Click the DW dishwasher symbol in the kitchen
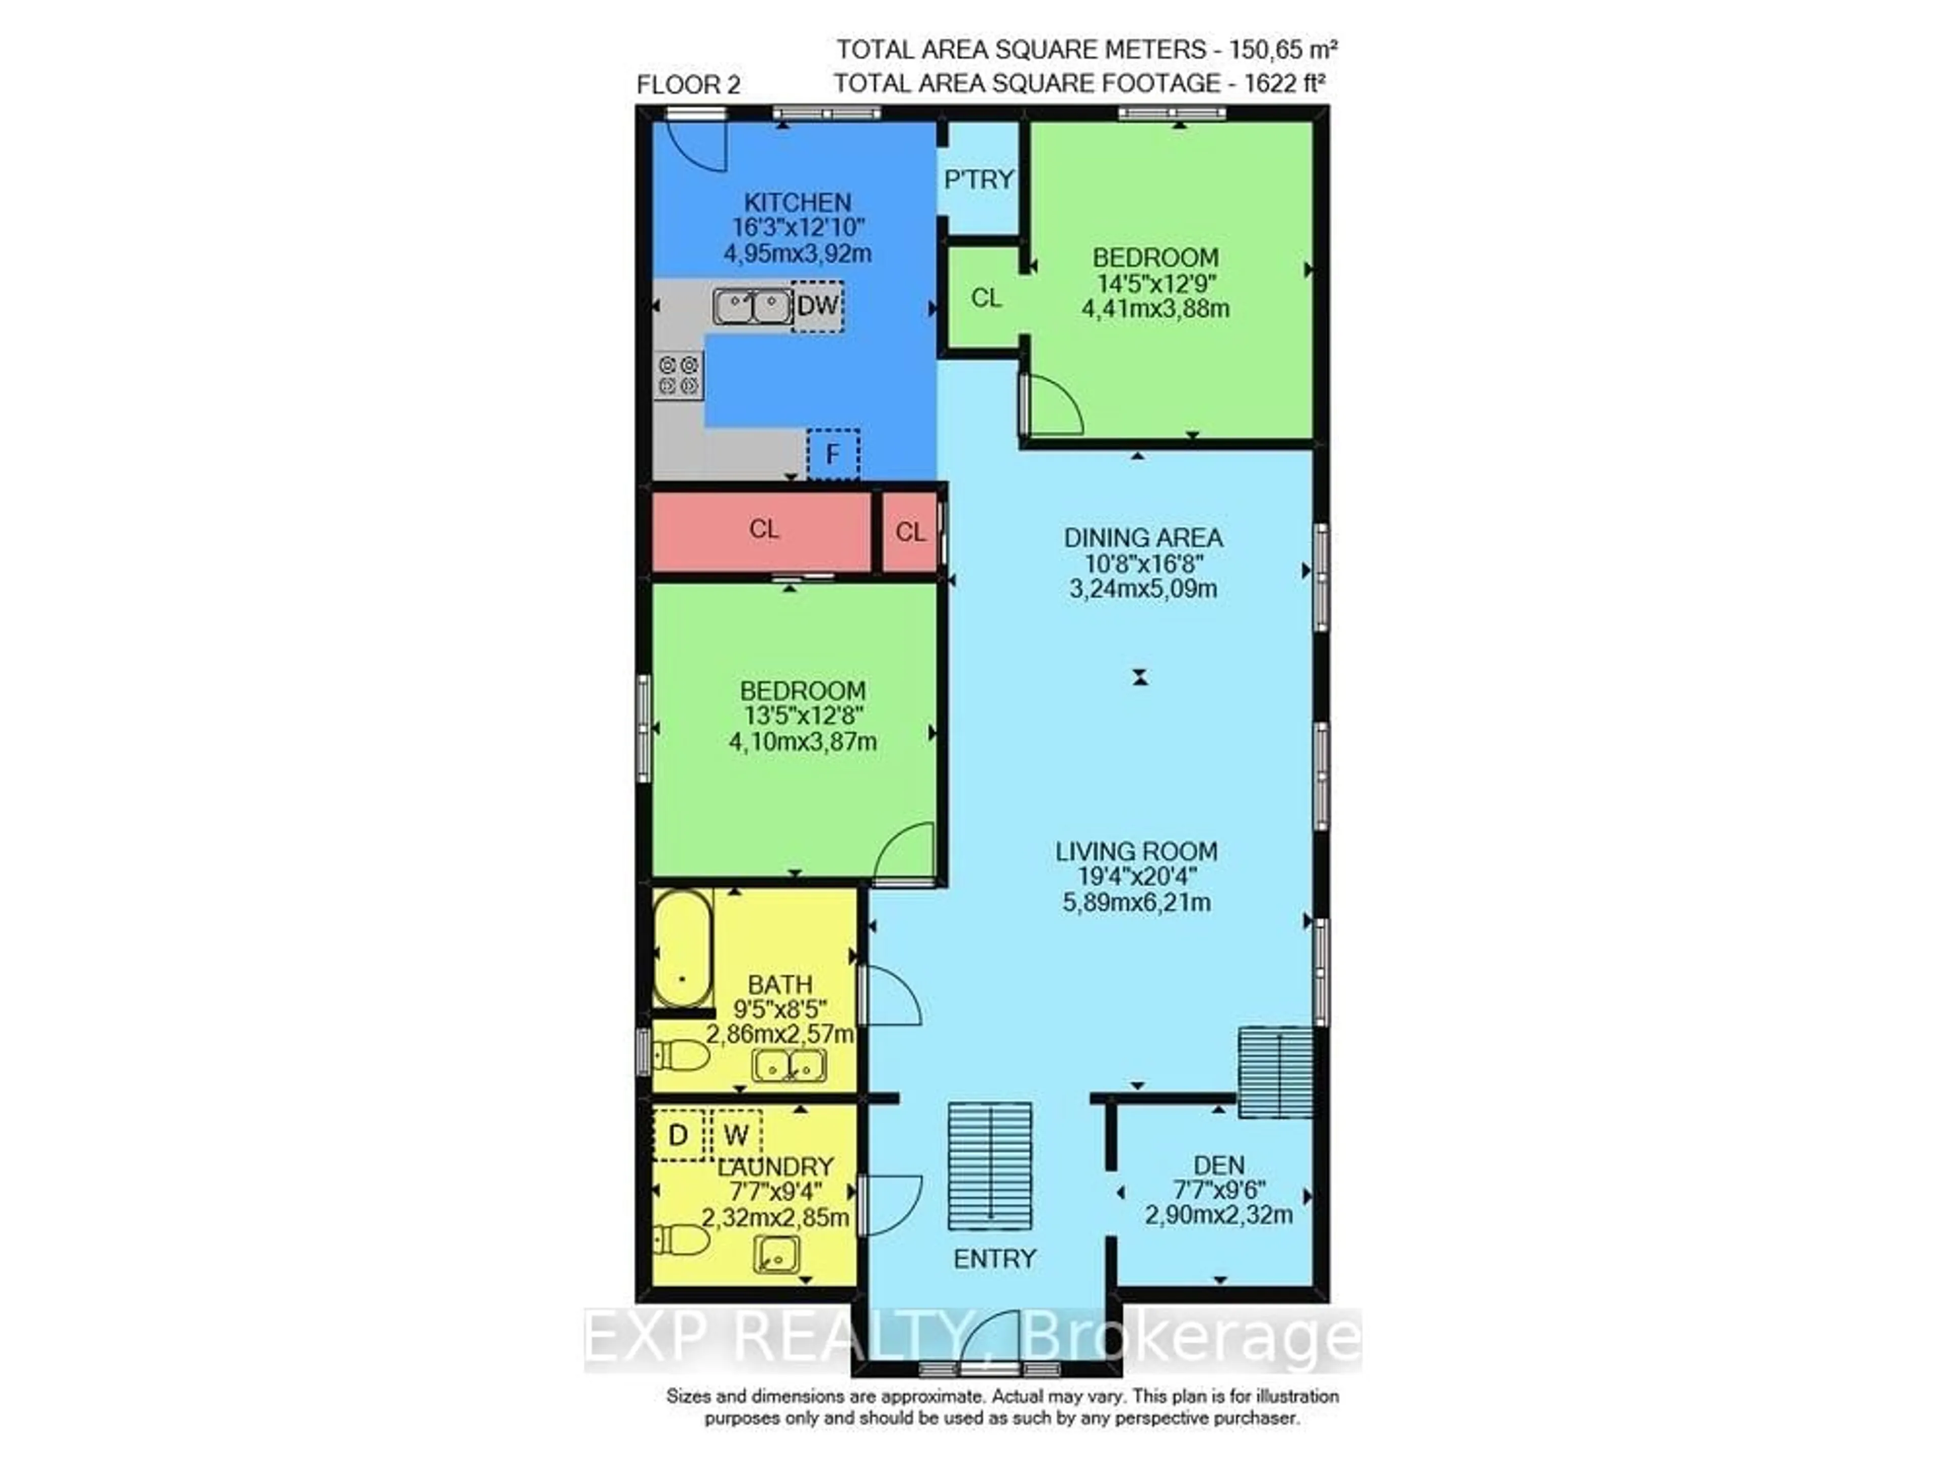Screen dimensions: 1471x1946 click(x=817, y=306)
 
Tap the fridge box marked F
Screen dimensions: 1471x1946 click(x=832, y=454)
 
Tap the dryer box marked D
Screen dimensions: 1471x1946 click(x=678, y=1136)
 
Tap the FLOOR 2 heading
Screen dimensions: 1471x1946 click(x=688, y=85)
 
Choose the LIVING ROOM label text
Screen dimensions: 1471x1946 click(x=1137, y=852)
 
